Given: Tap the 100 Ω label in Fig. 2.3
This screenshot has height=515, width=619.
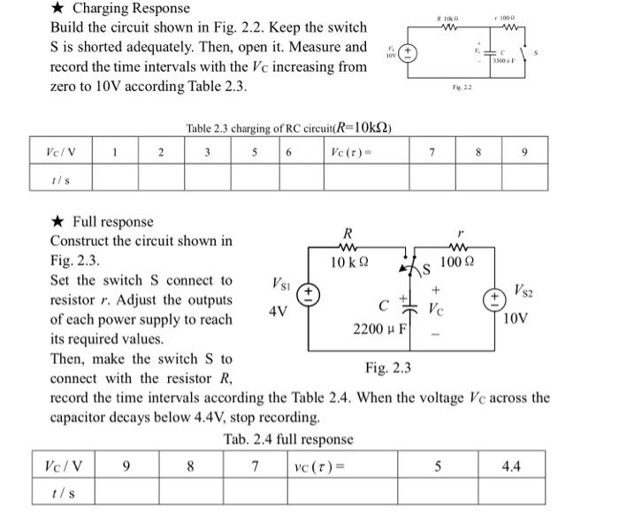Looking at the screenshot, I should pyautogui.click(x=457, y=262).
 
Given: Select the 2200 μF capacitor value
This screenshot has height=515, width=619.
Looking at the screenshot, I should pyautogui.click(x=379, y=329).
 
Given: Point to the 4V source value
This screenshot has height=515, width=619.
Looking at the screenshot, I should pyautogui.click(x=278, y=313).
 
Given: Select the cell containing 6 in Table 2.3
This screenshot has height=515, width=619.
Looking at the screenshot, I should pyautogui.click(x=289, y=151).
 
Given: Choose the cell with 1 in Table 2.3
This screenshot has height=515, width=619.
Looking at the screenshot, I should pyautogui.click(x=115, y=151).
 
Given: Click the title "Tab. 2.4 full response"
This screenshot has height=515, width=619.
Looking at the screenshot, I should pyautogui.click(x=288, y=439).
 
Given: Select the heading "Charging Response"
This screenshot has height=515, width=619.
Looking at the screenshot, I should pyautogui.click(x=131, y=8).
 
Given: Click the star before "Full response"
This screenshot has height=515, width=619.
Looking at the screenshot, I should pyautogui.click(x=57, y=221).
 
